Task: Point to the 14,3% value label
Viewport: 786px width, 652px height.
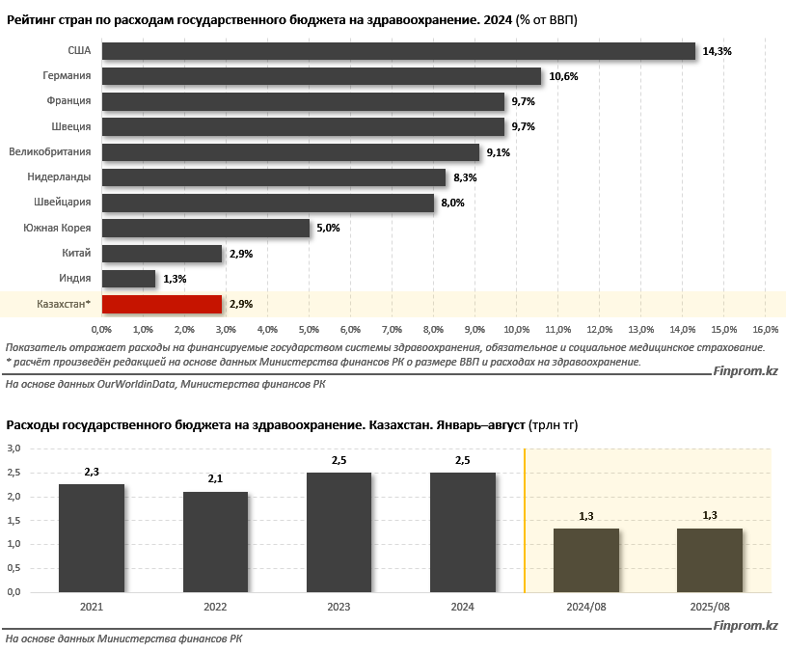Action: (718, 51)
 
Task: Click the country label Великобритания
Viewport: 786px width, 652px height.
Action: (50, 151)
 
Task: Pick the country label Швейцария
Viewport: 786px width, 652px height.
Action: (63, 203)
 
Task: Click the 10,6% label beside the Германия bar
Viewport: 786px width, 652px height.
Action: (563, 76)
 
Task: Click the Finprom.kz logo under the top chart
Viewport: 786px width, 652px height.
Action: (745, 371)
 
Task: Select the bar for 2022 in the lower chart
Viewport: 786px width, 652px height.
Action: (215, 542)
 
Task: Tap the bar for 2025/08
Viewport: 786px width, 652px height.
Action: (710, 560)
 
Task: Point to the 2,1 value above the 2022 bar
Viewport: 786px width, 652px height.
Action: (215, 478)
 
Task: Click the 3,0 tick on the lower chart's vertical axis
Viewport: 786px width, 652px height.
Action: (14, 448)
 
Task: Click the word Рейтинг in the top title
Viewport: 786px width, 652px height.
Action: (32, 19)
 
